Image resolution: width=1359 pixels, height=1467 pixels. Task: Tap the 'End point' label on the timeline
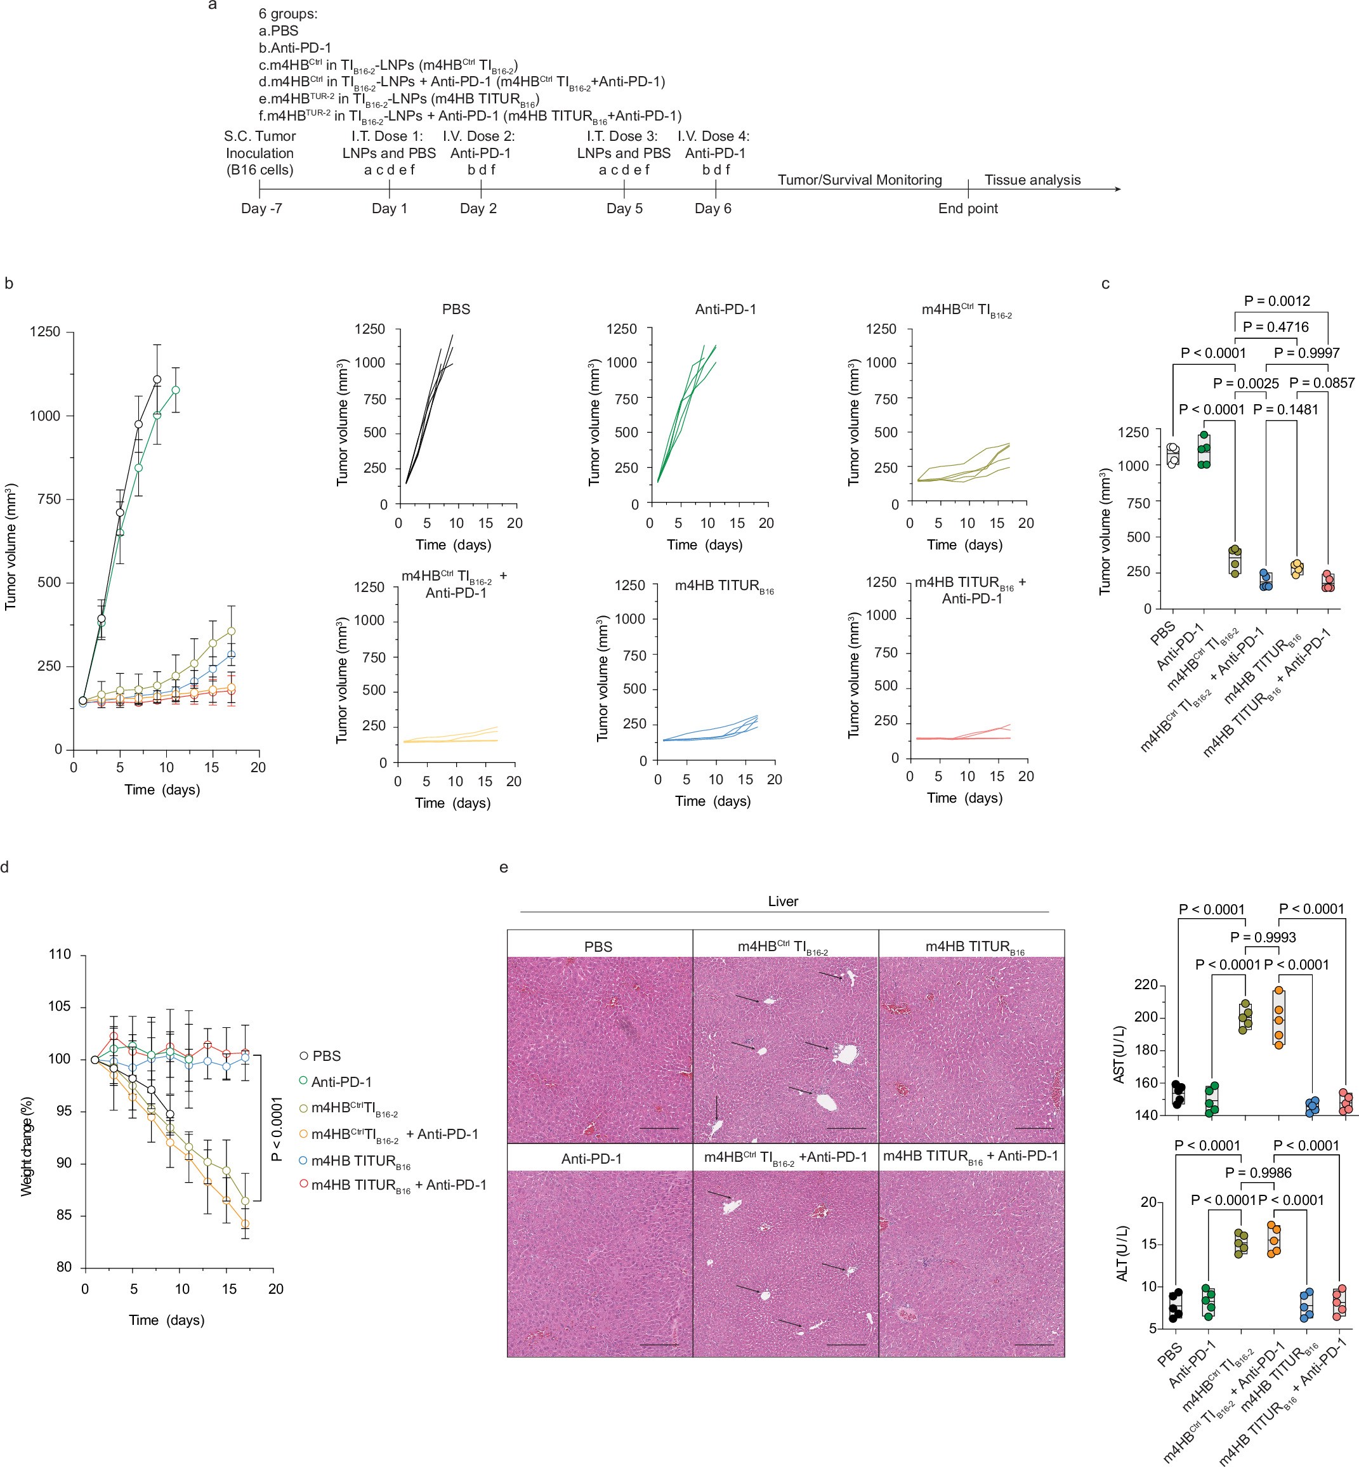tap(968, 209)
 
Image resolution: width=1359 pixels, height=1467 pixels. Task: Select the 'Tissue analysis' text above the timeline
tap(1032, 180)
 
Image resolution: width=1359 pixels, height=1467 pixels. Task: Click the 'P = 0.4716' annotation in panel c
tap(1275, 327)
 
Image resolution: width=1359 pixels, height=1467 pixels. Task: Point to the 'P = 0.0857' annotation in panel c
tap(1322, 383)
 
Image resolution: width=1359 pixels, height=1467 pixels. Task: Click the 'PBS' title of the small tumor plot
tap(456, 310)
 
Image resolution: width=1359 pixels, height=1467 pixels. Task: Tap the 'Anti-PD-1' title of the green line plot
tap(725, 310)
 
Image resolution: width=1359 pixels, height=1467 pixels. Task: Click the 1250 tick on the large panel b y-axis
tap(45, 332)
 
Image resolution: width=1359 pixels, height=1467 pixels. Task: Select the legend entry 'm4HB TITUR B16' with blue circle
tap(360, 1161)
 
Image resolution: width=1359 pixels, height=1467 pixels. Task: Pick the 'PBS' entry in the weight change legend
tap(325, 1056)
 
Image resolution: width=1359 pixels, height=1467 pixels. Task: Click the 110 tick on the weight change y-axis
tap(59, 955)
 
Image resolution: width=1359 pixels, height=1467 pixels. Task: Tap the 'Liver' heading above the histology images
tap(782, 902)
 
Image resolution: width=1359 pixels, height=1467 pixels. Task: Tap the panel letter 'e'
tap(504, 867)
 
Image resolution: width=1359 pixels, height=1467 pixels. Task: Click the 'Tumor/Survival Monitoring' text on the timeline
tap(859, 180)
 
